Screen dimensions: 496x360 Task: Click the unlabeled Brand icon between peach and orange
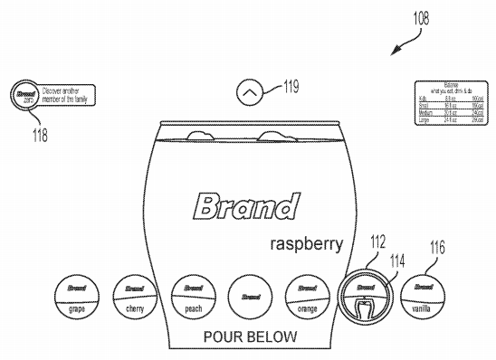[248, 294]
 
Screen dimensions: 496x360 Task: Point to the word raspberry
[306, 244]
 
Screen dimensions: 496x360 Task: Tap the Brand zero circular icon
[24, 94]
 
